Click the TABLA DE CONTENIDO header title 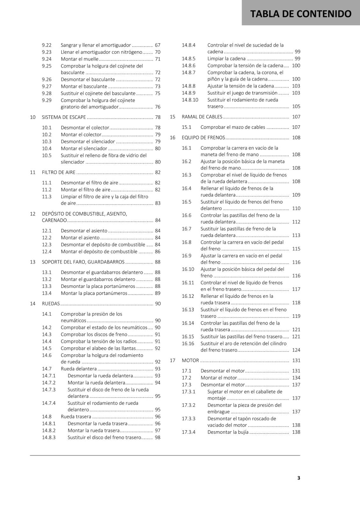point(301,14)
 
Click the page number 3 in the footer point(299,478)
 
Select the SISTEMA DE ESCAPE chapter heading point(64,117)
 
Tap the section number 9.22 point(47,45)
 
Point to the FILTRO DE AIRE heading point(59,172)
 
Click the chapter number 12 point(32,214)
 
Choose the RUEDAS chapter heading point(51,304)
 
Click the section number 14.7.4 point(49,403)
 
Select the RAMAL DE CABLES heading point(202,117)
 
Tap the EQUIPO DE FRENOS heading point(203,138)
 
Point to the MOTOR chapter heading point(190,361)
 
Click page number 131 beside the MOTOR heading point(296,361)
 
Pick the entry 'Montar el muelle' point(80,59)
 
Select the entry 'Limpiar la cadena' point(227,59)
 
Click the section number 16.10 point(188,269)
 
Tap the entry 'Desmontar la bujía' point(228,432)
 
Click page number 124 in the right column point(296,350)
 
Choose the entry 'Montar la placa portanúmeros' point(94,293)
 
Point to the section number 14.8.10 point(190,100)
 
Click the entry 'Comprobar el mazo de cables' point(233,127)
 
